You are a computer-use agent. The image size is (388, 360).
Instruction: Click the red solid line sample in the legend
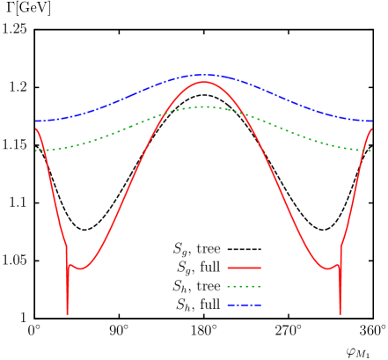tap(244, 268)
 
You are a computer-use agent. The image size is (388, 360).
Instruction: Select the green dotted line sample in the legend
tap(244, 286)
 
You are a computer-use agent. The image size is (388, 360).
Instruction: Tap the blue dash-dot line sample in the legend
tap(244, 305)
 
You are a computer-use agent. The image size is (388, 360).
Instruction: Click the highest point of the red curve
tap(204, 82)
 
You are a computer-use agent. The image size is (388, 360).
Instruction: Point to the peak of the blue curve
tap(203, 75)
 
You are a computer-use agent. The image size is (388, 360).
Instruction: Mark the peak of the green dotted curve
tap(203, 107)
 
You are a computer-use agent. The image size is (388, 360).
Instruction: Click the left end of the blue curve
tap(36, 121)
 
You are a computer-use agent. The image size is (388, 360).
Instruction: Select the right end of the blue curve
tap(371, 121)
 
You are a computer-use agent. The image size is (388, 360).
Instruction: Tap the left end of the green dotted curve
tap(36, 151)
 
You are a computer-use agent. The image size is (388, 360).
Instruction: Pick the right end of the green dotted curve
tap(371, 151)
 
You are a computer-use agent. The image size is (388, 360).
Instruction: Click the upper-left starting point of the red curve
tap(36, 129)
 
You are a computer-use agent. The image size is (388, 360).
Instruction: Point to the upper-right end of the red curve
tap(371, 129)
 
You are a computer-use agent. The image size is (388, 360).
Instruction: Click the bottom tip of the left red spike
tap(67, 312)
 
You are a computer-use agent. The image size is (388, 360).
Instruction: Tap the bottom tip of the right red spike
tap(340, 312)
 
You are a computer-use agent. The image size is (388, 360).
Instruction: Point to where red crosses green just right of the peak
tap(246, 115)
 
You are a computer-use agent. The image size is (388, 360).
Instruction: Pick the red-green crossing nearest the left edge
tap(42, 150)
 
